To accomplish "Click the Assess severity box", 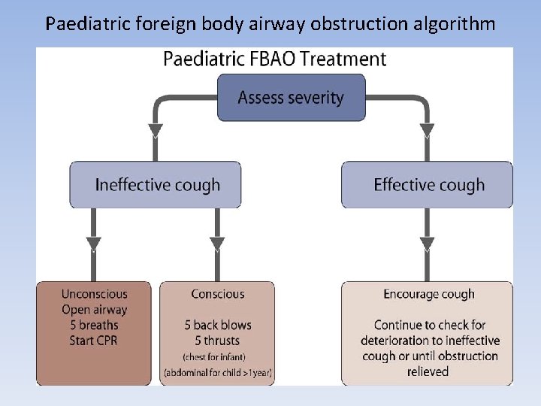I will click(x=291, y=97).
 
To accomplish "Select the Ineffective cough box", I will click(x=156, y=185).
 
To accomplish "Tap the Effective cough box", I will click(x=428, y=185).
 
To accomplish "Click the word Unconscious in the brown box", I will click(x=95, y=294).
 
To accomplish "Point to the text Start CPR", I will click(x=95, y=341).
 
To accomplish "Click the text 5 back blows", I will click(x=218, y=325).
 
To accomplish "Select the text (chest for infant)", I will click(x=218, y=356).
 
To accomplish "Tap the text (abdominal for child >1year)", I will click(x=218, y=372).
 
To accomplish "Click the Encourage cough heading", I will click(x=428, y=294).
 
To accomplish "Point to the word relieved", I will click(x=428, y=371).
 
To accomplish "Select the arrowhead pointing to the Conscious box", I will click(x=218, y=245).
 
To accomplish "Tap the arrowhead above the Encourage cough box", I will click(x=428, y=245).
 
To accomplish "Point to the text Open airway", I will click(x=95, y=310).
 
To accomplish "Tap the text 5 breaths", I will click(x=95, y=325).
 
